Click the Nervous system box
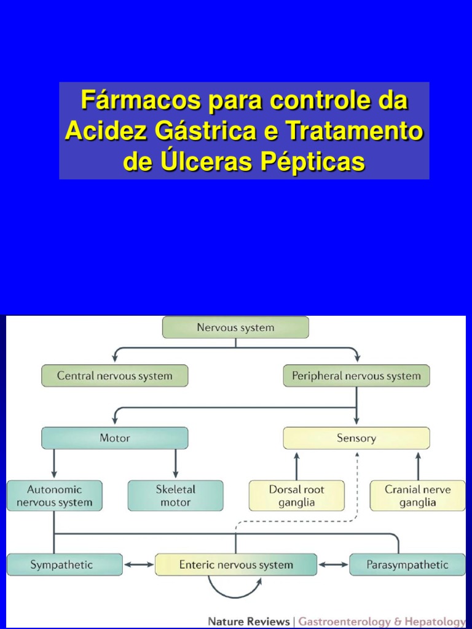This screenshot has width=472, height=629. pos(235,327)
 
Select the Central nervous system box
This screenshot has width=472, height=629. pos(115,376)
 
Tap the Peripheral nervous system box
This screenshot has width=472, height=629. pos(356,376)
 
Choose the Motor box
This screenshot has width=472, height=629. pos(115,438)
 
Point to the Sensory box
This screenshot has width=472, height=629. pos(356,438)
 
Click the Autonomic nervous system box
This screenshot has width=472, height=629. pos(54,496)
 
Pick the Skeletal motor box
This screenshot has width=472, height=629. pos(175,496)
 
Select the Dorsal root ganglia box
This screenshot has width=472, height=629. pos(296,496)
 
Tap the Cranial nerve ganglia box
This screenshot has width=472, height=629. pos(417,496)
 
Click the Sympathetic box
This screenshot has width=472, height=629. pos(65,565)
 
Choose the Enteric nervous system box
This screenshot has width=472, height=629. pos(236,565)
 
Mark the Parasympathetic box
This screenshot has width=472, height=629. pos(407,565)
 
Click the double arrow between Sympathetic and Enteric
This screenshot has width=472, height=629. pos(139,565)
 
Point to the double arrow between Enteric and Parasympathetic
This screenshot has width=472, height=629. pos(333,565)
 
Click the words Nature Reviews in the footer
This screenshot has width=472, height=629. pos(249,621)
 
